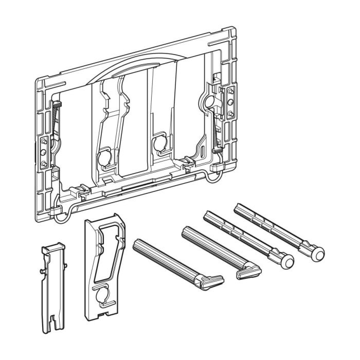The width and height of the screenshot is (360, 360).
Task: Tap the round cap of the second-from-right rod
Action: tap(286, 262)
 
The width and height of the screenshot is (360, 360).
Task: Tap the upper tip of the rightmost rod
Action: tap(237, 207)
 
